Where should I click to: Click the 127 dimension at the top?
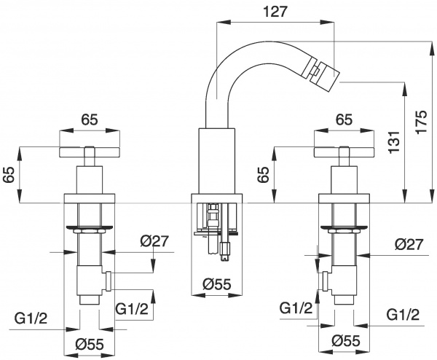click(x=274, y=11)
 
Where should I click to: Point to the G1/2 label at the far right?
click(x=402, y=314)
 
